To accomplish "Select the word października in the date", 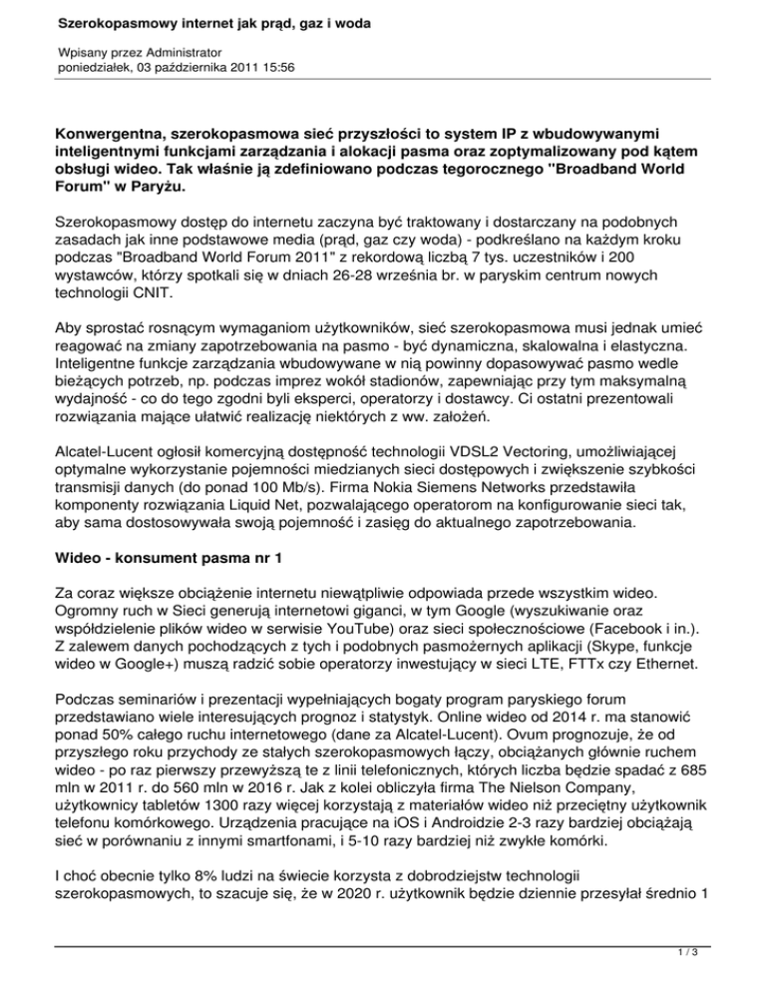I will tap(181, 68).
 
